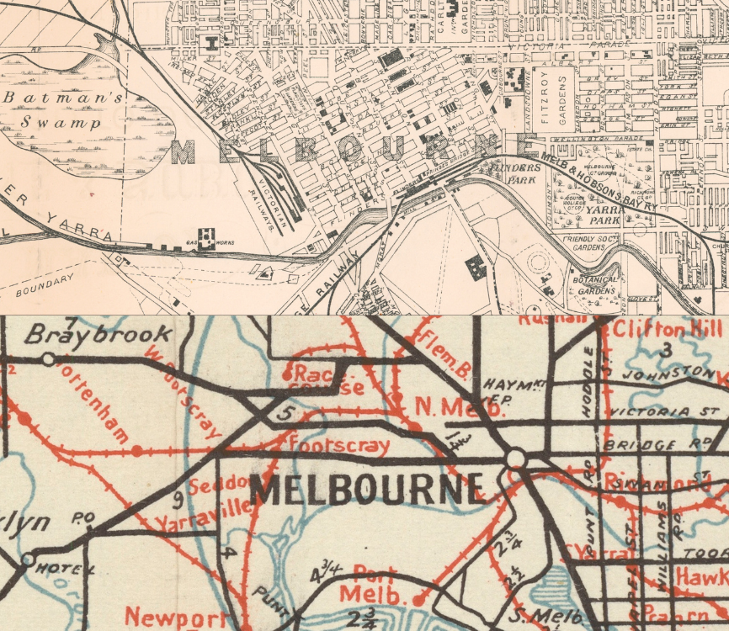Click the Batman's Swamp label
[62, 109]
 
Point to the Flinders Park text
[516, 173]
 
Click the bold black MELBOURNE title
[369, 490]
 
